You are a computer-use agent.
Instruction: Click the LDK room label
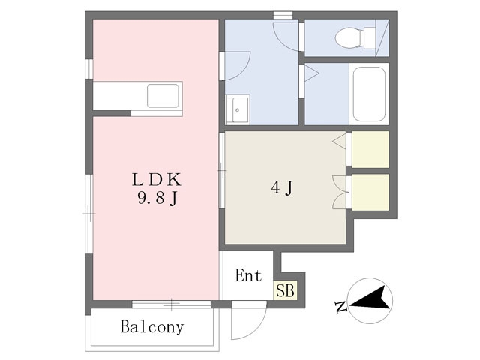coord(157,180)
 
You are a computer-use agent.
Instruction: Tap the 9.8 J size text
coord(157,199)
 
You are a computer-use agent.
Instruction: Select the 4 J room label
coord(282,187)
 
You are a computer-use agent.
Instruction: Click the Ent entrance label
coord(248,275)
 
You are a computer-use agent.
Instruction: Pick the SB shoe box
coord(285,290)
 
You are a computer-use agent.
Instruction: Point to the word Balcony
coord(152,327)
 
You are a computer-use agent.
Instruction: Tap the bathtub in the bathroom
coord(369,94)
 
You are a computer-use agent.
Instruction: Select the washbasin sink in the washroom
coord(238,109)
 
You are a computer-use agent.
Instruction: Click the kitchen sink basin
coord(163,95)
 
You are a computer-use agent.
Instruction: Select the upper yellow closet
coord(370,149)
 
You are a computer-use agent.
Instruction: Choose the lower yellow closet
coord(370,192)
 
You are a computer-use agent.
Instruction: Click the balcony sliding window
coord(172,304)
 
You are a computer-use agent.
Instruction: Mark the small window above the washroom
coord(283,15)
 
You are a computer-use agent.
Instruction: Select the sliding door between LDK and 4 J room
coord(222,170)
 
